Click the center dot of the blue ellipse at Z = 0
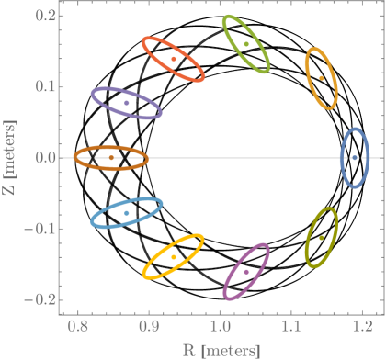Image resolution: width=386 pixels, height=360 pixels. point(355,158)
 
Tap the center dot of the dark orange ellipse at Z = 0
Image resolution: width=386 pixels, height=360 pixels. point(111,158)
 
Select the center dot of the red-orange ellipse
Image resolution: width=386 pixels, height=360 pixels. point(174,60)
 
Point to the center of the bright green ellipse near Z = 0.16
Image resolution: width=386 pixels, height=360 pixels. point(246,43)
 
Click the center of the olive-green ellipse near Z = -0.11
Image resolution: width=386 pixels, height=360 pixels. point(321,237)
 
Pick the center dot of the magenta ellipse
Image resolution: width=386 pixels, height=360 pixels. point(246,272)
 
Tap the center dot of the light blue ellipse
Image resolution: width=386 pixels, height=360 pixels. point(127,213)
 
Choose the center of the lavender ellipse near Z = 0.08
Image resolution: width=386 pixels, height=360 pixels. point(127,103)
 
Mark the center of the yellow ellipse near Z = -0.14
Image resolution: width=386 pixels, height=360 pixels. point(174,256)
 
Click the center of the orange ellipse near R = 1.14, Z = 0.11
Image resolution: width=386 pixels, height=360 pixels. point(321,78)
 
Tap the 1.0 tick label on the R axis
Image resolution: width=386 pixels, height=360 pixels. point(220,327)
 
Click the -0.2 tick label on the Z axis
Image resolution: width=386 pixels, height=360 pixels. point(41,300)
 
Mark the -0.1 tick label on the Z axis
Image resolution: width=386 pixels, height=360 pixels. point(41,230)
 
